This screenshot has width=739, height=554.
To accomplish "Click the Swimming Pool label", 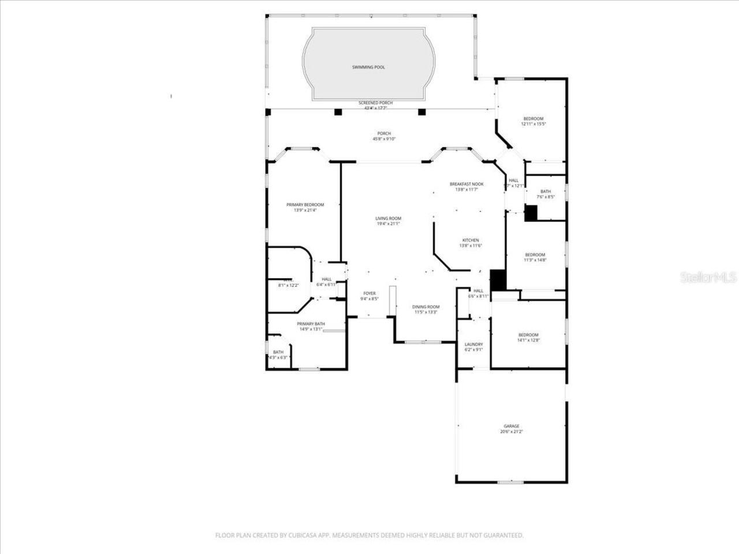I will (x=368, y=68).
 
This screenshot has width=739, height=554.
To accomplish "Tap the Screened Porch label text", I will (x=375, y=103).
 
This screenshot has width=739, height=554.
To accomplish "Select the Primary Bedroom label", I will (x=305, y=205).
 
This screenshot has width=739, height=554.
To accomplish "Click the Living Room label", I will (x=388, y=219).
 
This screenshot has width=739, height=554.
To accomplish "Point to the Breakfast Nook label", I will (x=466, y=184).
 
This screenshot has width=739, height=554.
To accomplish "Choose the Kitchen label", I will (x=470, y=241).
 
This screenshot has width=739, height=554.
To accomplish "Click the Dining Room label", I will (x=426, y=307).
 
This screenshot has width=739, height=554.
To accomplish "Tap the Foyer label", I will (x=369, y=294).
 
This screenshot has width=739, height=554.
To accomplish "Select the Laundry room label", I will (x=473, y=345).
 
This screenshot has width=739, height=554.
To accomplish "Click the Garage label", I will (x=511, y=426).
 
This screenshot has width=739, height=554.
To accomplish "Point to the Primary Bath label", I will (x=311, y=324).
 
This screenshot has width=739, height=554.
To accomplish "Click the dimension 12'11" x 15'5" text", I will (x=533, y=124).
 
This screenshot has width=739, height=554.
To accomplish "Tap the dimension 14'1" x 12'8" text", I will (x=528, y=340).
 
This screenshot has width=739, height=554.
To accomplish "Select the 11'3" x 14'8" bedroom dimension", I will (x=535, y=260).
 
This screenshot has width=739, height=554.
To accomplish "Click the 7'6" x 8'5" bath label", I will (x=546, y=197).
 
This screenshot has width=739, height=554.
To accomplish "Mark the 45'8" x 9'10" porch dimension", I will (x=384, y=139).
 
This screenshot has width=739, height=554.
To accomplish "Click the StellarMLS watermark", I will (x=708, y=278).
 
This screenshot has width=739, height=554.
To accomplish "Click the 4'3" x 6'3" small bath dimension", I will (x=278, y=358).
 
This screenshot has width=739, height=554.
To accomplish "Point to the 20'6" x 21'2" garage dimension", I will (x=511, y=432).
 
